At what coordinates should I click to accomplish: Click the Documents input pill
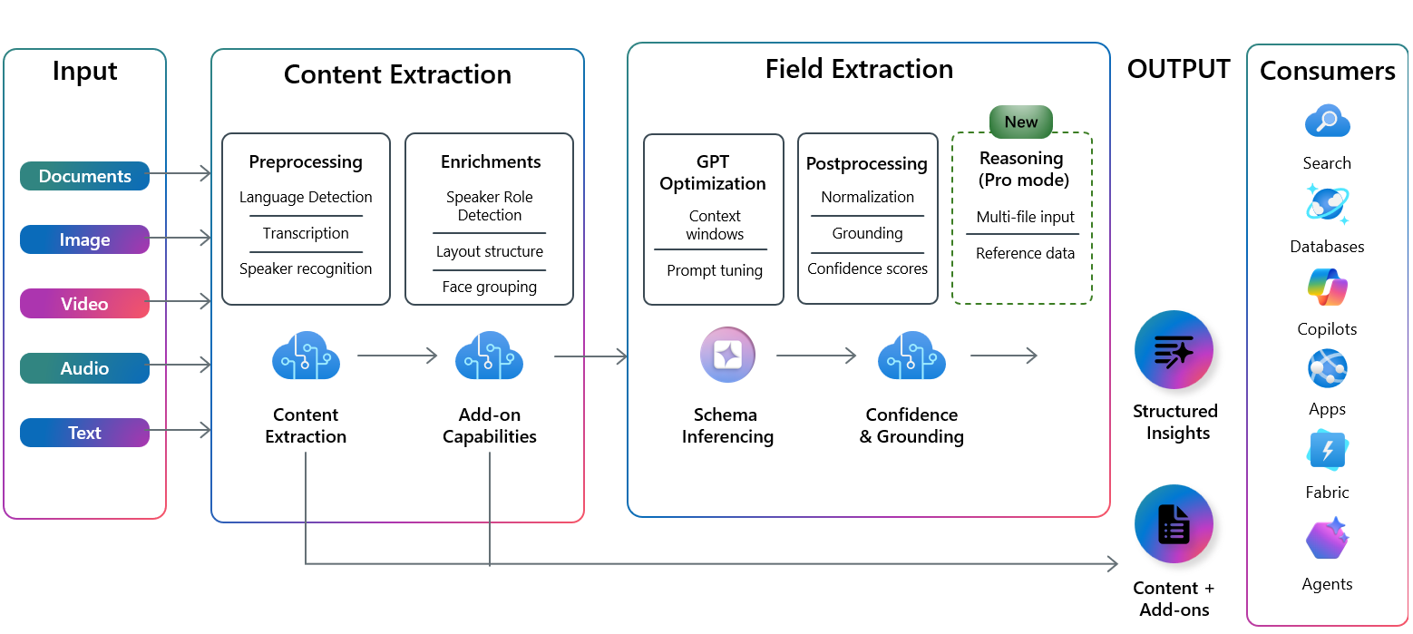pos(84,176)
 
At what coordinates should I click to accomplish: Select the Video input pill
pos(84,304)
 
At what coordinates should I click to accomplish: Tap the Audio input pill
pos(84,367)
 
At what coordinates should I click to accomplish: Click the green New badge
pos(1020,122)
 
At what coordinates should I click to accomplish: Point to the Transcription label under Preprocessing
pos(306,233)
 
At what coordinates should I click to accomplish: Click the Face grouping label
pos(490,287)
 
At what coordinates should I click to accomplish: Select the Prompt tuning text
pos(715,270)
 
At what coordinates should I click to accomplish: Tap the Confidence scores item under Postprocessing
pos(867,268)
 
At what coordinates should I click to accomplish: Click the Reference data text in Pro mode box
pos(1025,253)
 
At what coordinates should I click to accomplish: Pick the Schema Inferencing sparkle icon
pos(727,355)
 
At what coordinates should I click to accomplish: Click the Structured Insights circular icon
pos(1174,349)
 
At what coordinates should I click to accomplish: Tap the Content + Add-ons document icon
pos(1174,523)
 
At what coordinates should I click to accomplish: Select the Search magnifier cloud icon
pos(1327,122)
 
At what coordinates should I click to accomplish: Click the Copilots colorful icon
pos(1327,287)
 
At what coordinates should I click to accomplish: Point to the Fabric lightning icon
pos(1327,450)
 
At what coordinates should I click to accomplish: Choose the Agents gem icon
pos(1327,538)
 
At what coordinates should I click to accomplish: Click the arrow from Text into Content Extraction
pos(180,430)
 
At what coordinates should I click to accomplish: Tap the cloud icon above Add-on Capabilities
pos(490,356)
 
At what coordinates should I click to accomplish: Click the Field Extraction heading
pos(859,69)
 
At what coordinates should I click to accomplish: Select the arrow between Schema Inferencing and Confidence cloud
pos(816,356)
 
